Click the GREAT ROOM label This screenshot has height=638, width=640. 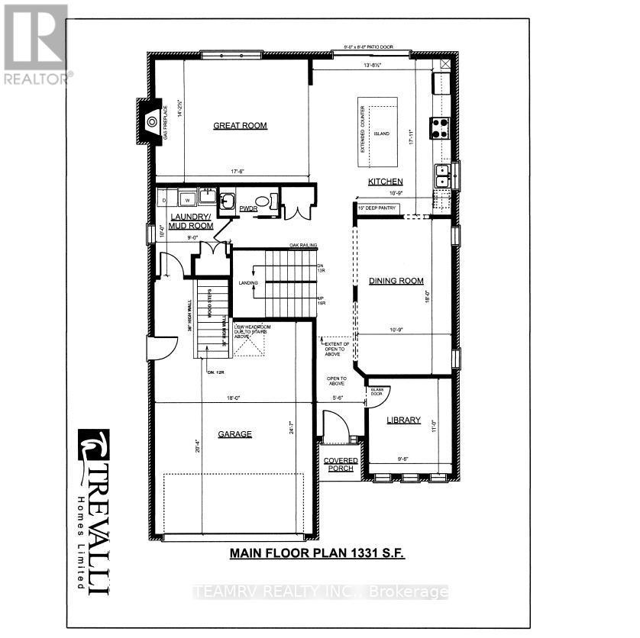click(x=240, y=126)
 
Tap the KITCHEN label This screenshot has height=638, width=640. click(x=385, y=182)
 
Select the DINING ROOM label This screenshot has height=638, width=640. click(x=396, y=281)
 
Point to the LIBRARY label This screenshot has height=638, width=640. click(x=403, y=420)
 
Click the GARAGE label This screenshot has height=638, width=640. click(x=234, y=434)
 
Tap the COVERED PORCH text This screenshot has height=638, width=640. click(x=339, y=464)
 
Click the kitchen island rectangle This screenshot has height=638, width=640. click(x=378, y=133)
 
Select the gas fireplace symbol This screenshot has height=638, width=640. click(x=152, y=121)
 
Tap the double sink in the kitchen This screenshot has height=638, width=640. click(x=441, y=177)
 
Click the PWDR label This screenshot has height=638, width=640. click(x=247, y=208)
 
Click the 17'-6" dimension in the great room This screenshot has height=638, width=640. click(x=233, y=172)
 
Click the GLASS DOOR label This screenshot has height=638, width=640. click(x=376, y=391)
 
